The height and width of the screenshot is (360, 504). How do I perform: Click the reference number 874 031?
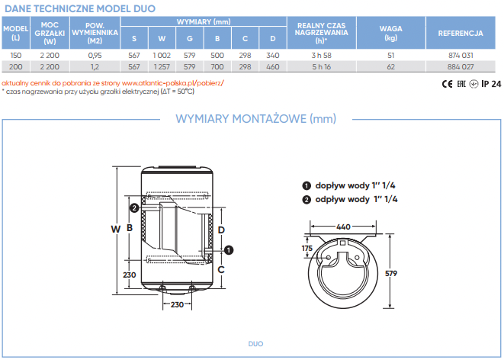pyautogui.click(x=461, y=55)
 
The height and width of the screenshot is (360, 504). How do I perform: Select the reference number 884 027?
pyautogui.click(x=461, y=67)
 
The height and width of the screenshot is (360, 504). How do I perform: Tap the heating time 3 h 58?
pyautogui.click(x=322, y=55)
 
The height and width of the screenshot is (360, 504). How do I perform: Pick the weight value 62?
pyautogui.click(x=391, y=67)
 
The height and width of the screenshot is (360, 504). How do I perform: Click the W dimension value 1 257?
pyautogui.click(x=162, y=67)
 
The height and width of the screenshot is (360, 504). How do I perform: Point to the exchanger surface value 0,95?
pyautogui.click(x=95, y=55)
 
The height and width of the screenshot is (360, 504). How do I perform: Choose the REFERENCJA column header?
pyautogui.click(x=461, y=33)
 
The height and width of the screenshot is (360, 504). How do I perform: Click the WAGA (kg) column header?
pyautogui.click(x=391, y=33)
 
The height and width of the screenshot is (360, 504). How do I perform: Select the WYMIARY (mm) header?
pyautogui.click(x=204, y=22)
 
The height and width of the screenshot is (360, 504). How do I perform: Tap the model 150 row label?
pyautogui.click(x=16, y=55)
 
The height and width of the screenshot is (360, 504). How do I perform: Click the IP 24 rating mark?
pyautogui.click(x=492, y=84)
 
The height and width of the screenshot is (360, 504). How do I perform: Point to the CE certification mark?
pyautogui.click(x=447, y=84)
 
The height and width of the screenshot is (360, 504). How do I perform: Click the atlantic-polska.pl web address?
pyautogui.click(x=173, y=83)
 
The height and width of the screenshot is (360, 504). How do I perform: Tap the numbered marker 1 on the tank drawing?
pyautogui.click(x=229, y=250)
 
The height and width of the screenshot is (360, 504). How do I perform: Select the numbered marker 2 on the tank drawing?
pyautogui.click(x=134, y=208)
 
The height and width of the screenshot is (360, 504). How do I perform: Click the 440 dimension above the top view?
pyautogui.click(x=343, y=227)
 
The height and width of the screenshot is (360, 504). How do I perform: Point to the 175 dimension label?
pyautogui.click(x=307, y=249)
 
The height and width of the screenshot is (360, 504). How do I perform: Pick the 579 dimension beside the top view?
pyautogui.click(x=391, y=274)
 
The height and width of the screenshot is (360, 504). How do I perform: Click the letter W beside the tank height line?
pyautogui.click(x=116, y=229)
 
